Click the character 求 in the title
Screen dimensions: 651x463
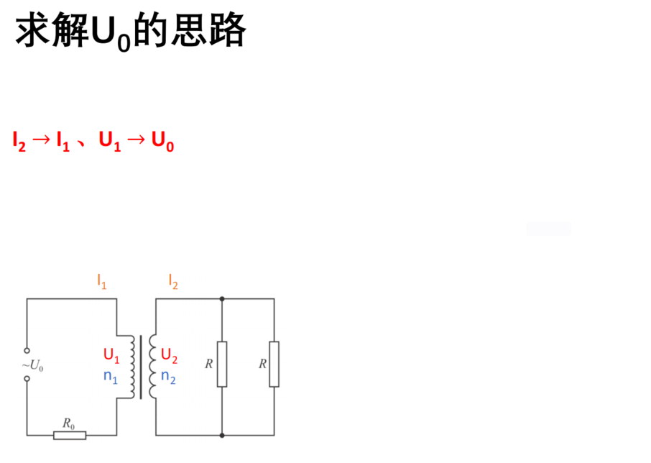click(x=33, y=29)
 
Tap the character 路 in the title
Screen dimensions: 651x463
click(x=228, y=29)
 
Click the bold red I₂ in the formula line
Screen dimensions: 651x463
click(x=19, y=141)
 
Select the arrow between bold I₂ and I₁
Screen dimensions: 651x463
click(x=41, y=139)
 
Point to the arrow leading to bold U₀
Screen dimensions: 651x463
click(x=137, y=139)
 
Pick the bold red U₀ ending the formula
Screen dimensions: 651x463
click(x=162, y=141)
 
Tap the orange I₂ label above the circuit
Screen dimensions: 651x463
click(x=173, y=281)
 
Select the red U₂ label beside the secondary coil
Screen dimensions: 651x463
click(x=169, y=355)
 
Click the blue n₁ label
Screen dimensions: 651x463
click(x=111, y=377)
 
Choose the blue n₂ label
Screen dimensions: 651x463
click(x=168, y=377)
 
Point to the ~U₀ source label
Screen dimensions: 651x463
click(x=33, y=365)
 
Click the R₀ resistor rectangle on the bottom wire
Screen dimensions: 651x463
click(x=70, y=435)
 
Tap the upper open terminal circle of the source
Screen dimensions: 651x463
click(x=27, y=350)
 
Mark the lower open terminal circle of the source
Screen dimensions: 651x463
click(x=27, y=379)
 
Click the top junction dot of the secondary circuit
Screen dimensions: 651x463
click(x=222, y=299)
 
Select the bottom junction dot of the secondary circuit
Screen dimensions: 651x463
click(x=222, y=435)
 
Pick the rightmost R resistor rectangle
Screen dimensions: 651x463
click(x=274, y=365)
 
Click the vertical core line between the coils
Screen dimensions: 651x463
click(x=141, y=367)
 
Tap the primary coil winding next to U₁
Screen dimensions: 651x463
click(x=132, y=367)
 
